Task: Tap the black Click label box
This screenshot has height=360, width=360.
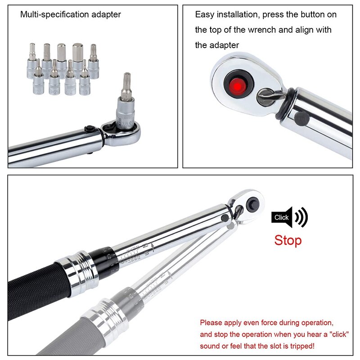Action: (x=281, y=217)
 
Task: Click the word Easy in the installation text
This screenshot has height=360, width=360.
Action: (x=204, y=14)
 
